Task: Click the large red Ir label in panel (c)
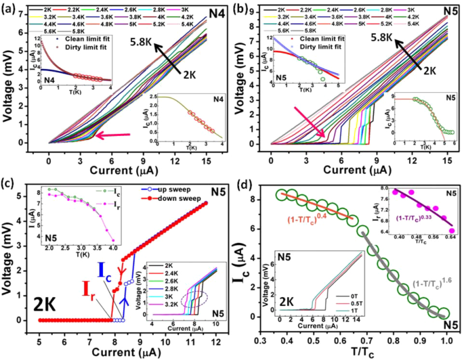pos(82,294)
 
